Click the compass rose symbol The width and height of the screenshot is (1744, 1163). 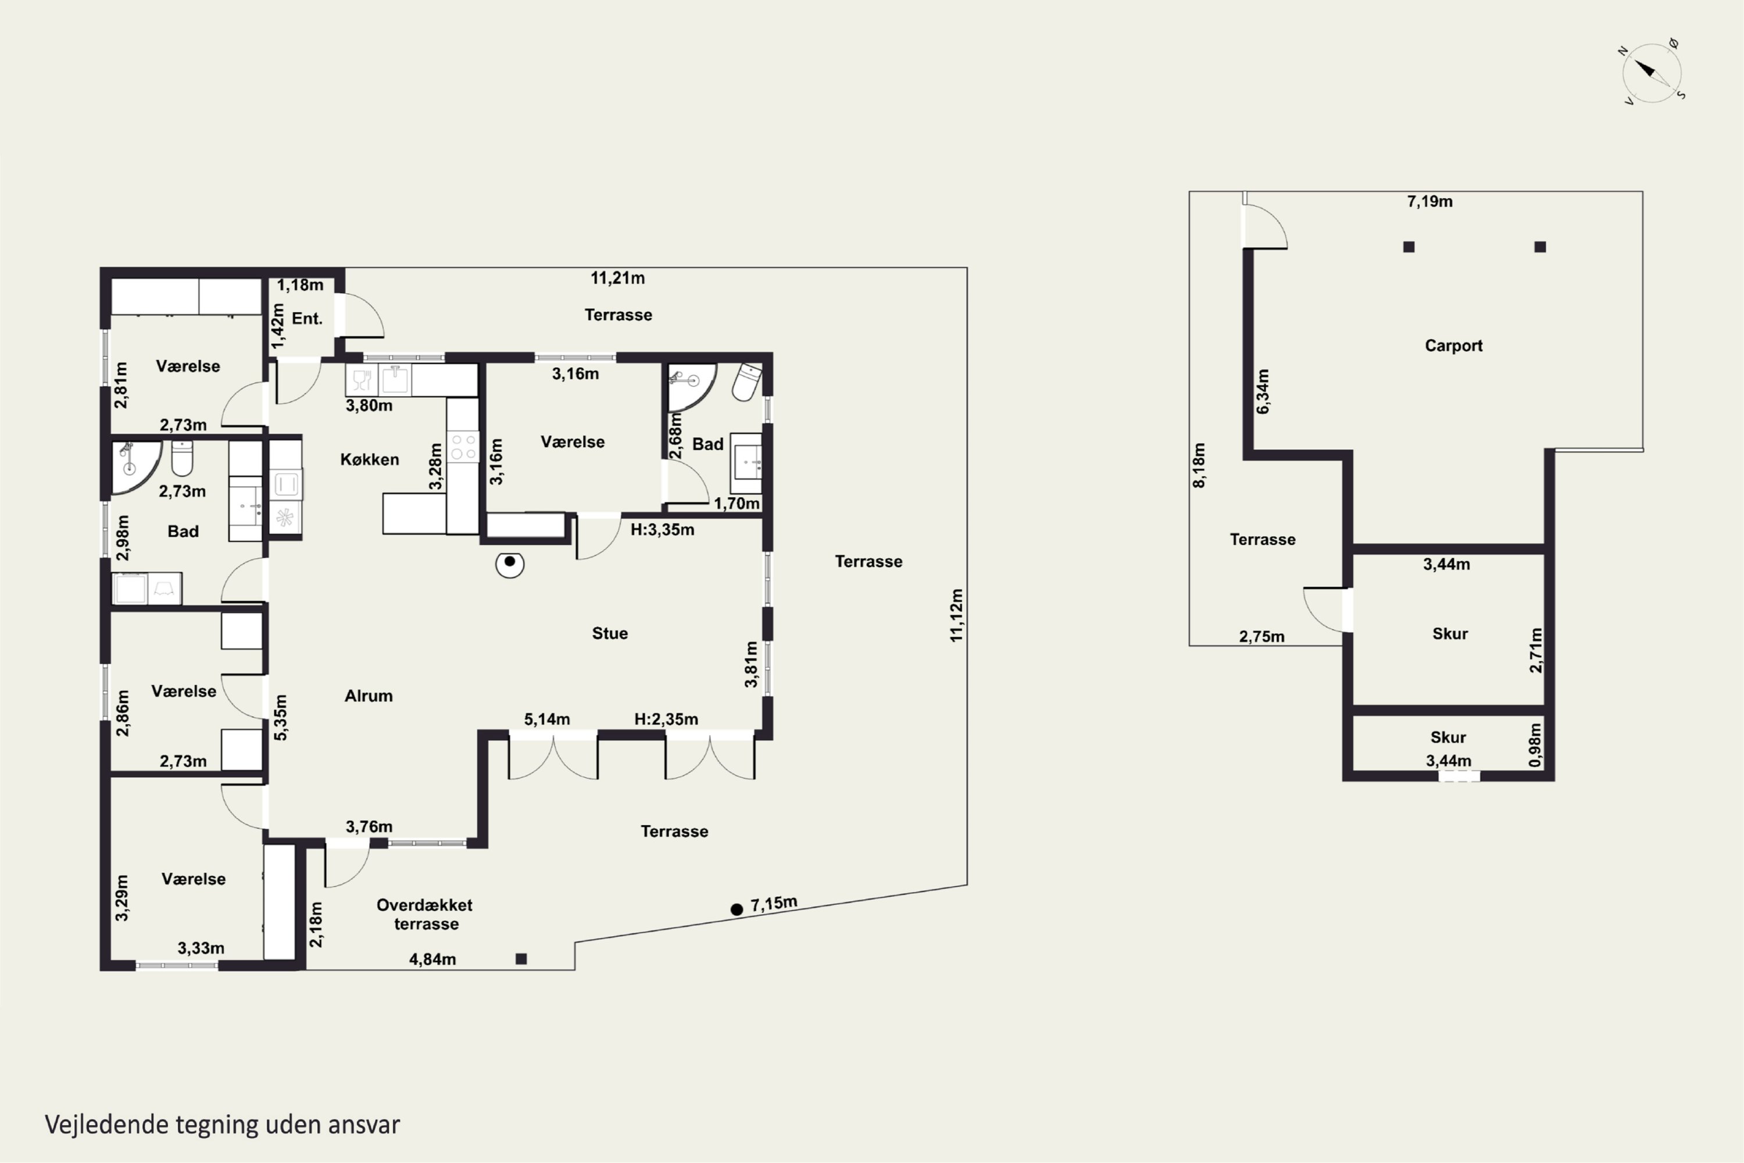(x=1652, y=73)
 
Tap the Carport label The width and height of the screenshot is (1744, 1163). (x=1453, y=345)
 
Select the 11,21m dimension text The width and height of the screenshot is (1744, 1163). (x=617, y=278)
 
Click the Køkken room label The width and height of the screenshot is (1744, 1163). (x=369, y=460)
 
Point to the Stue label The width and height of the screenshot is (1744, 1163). (x=609, y=633)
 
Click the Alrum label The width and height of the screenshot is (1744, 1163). (x=369, y=695)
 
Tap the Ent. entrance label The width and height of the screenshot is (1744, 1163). (x=307, y=319)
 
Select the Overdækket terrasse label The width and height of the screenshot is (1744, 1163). (x=425, y=915)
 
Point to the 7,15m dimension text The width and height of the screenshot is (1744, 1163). (x=773, y=904)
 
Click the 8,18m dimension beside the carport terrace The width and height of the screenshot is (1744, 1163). (x=1199, y=465)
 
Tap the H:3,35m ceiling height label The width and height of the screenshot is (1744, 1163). (x=662, y=530)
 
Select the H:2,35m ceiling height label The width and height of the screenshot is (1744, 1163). (x=666, y=719)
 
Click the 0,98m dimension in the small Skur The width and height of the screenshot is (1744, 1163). (x=1535, y=745)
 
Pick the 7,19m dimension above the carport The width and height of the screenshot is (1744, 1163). (x=1429, y=202)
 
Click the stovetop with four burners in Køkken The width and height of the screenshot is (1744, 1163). (x=463, y=447)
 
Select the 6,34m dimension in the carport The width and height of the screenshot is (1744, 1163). (x=1263, y=391)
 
